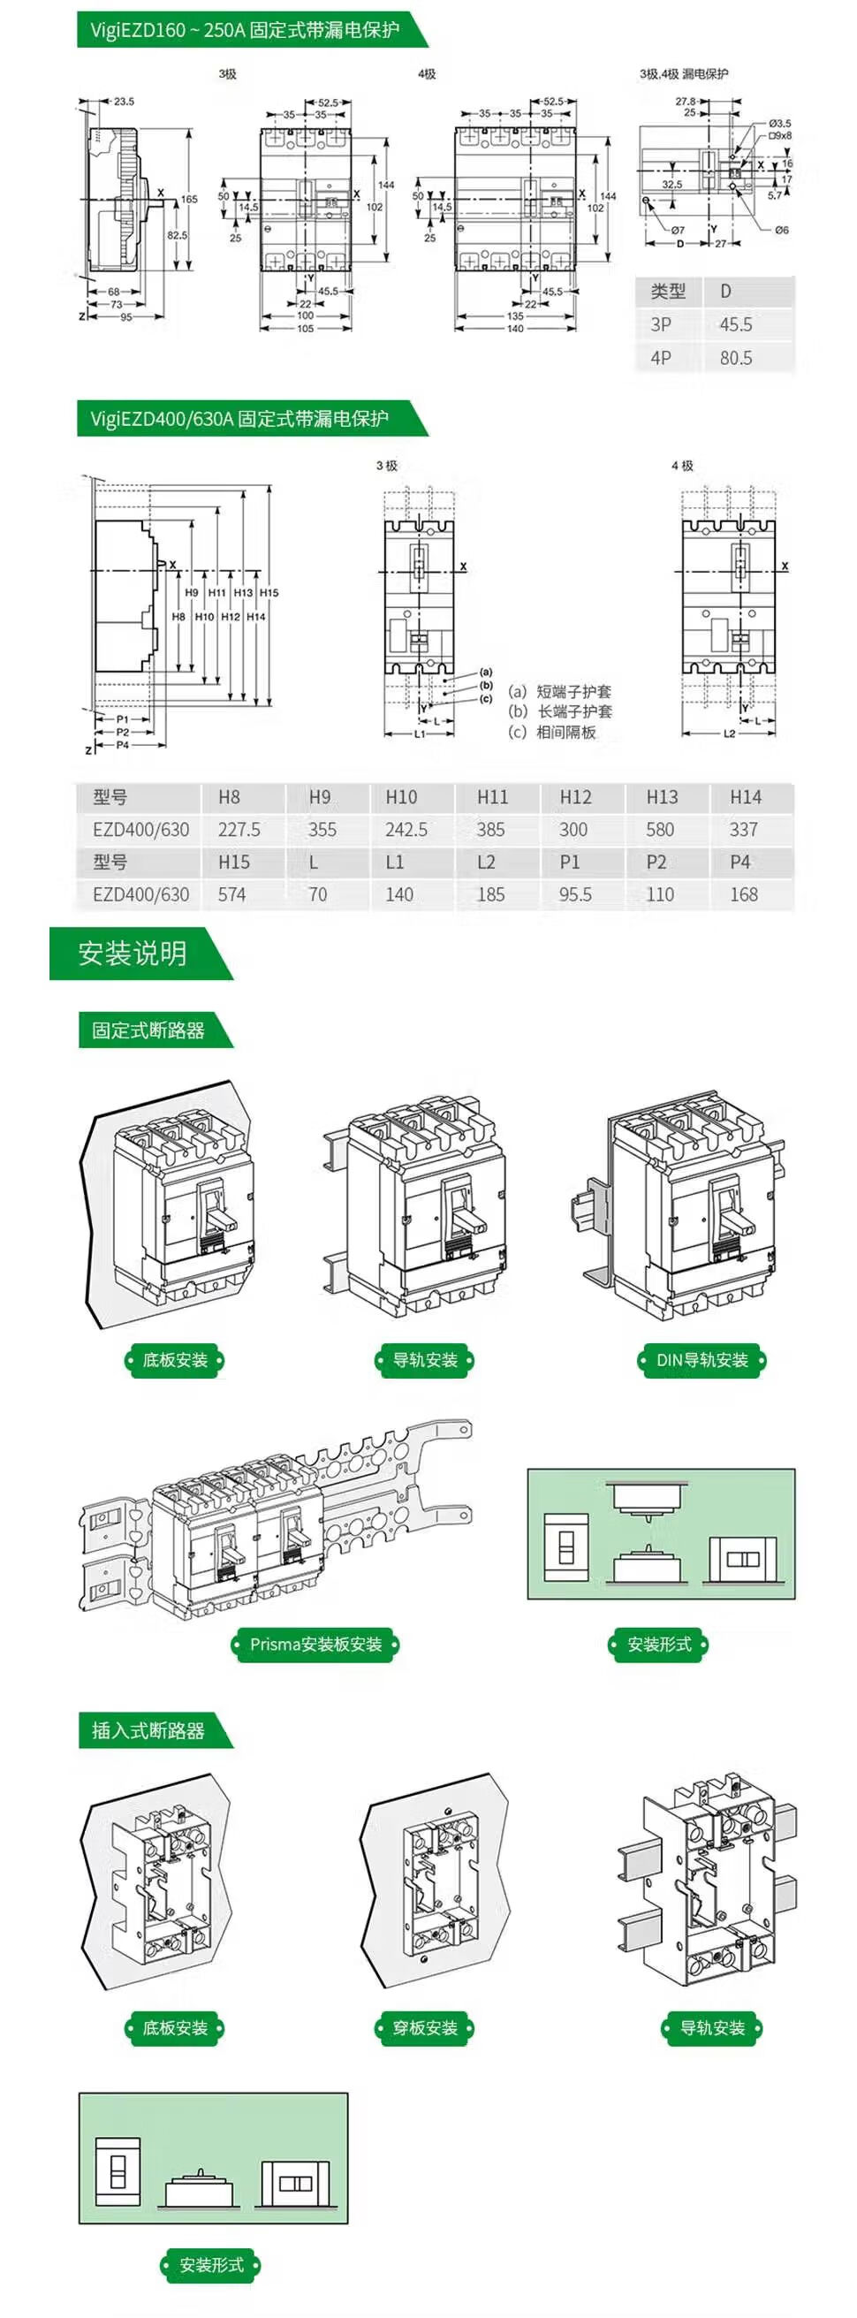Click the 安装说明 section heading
tap(133, 953)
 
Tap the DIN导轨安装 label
tap(702, 1360)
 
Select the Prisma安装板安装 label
tap(315, 1644)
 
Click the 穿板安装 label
tap(424, 2027)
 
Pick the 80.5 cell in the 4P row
tap(736, 358)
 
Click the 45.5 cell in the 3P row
tap(736, 325)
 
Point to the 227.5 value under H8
tap(239, 830)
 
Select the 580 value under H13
tap(660, 830)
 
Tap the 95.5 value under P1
tap(575, 894)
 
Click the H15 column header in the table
tap(234, 862)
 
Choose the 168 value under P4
tap(744, 894)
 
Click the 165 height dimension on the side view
tap(189, 199)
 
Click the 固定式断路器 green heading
tap(148, 1030)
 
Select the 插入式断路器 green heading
tap(148, 1729)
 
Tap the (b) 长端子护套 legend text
tap(560, 711)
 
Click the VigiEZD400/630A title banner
tap(239, 418)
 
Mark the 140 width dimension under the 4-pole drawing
tap(515, 329)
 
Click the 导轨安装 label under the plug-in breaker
tap(712, 2027)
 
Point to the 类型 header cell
tap(668, 292)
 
